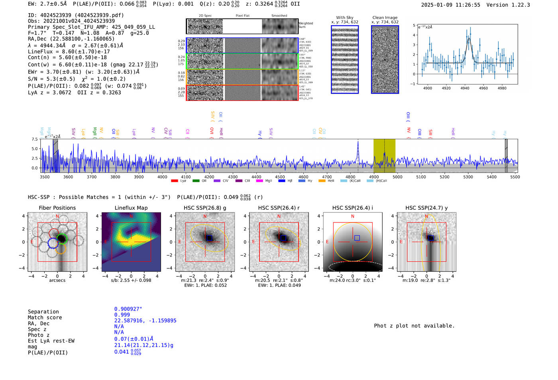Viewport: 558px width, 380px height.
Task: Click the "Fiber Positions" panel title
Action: (x=57, y=208)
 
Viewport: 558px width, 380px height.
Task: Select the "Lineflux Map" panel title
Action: (x=131, y=208)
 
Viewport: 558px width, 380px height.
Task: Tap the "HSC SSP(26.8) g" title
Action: (x=205, y=208)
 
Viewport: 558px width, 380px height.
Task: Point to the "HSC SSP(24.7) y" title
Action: (x=426, y=208)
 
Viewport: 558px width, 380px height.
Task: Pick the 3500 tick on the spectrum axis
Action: (x=45, y=177)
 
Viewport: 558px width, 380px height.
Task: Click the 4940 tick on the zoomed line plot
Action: (x=465, y=88)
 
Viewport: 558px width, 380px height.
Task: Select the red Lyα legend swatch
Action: (x=174, y=181)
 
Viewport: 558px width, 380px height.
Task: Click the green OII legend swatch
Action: (x=196, y=181)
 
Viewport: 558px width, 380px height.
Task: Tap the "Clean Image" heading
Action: (x=385, y=18)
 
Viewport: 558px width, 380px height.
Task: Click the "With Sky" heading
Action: (x=345, y=18)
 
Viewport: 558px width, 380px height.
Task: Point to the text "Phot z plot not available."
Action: (x=414, y=326)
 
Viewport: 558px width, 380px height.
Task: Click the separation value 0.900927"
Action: (x=128, y=309)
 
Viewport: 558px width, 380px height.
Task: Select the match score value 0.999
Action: (x=122, y=315)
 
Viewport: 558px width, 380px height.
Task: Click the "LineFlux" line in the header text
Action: (x=69, y=51)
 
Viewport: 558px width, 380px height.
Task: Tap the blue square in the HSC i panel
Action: (x=357, y=238)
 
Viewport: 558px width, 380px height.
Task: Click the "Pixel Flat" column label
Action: (x=242, y=16)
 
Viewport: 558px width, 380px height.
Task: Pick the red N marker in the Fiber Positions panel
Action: (x=57, y=217)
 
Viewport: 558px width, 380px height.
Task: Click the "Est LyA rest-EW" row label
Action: (x=51, y=341)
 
